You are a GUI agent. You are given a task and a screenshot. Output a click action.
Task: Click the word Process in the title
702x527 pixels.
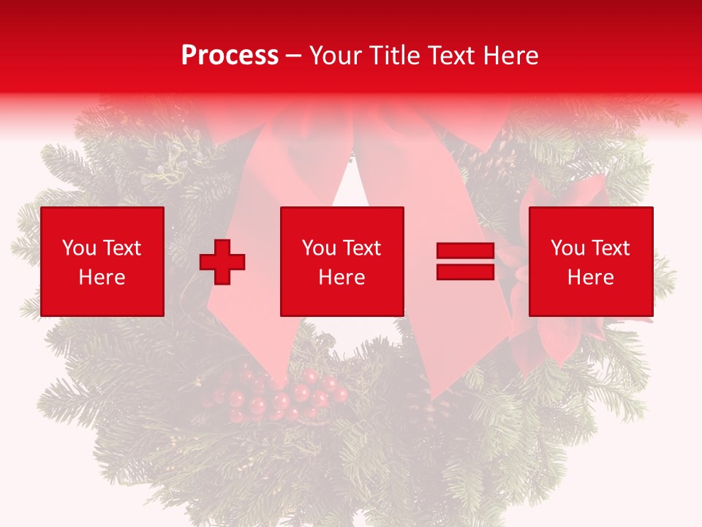(x=230, y=56)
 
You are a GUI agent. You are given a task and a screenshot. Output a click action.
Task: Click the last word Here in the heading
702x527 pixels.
(x=513, y=56)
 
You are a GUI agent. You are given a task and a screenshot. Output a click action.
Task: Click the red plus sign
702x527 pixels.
(x=222, y=261)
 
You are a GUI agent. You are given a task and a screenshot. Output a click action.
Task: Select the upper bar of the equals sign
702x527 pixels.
(x=465, y=251)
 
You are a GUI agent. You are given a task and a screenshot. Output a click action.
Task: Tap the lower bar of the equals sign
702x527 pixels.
(x=465, y=272)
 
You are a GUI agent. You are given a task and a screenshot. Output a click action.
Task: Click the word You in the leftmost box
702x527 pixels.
(x=78, y=248)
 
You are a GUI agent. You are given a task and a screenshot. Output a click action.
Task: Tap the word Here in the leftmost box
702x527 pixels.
(x=102, y=277)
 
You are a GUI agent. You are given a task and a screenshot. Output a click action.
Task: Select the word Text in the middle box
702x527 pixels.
(x=362, y=248)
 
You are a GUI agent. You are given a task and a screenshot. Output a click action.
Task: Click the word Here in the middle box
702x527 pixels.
(x=342, y=277)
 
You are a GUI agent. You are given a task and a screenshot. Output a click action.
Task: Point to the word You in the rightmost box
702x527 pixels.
(x=567, y=248)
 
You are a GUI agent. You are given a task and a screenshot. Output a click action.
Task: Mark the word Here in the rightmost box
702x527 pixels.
(x=591, y=277)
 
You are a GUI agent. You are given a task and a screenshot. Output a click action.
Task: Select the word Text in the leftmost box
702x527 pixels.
(x=121, y=248)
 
